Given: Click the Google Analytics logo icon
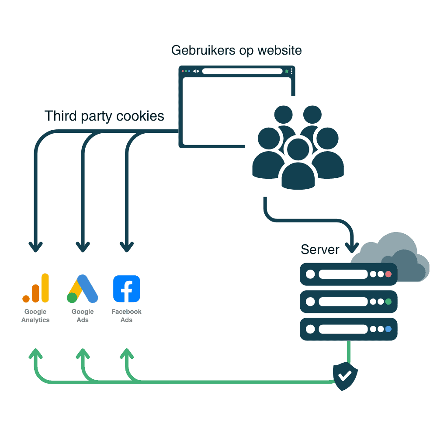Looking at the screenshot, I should point(36,288).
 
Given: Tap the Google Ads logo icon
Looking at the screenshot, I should point(82,289).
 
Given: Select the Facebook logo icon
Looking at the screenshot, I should point(127,288).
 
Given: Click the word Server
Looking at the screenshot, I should point(320,250).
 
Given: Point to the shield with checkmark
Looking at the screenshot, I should point(345,375).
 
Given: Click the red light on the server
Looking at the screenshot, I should point(388,274).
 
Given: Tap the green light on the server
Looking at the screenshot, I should point(388,302).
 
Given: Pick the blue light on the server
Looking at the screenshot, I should point(388,329).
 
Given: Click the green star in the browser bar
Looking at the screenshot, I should point(287,71).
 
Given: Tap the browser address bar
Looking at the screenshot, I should point(242,71).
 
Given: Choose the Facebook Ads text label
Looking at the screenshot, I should point(127,316).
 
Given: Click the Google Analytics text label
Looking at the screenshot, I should point(35,316).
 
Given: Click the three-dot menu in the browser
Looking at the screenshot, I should point(291,71).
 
